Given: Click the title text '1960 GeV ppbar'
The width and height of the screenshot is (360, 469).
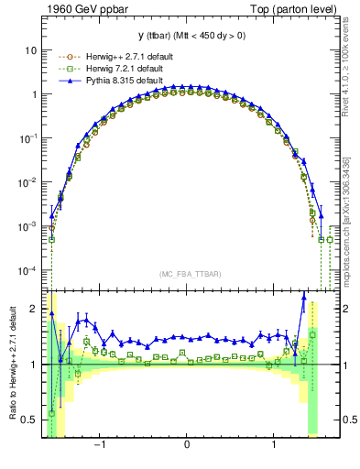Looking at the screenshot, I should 82,11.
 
